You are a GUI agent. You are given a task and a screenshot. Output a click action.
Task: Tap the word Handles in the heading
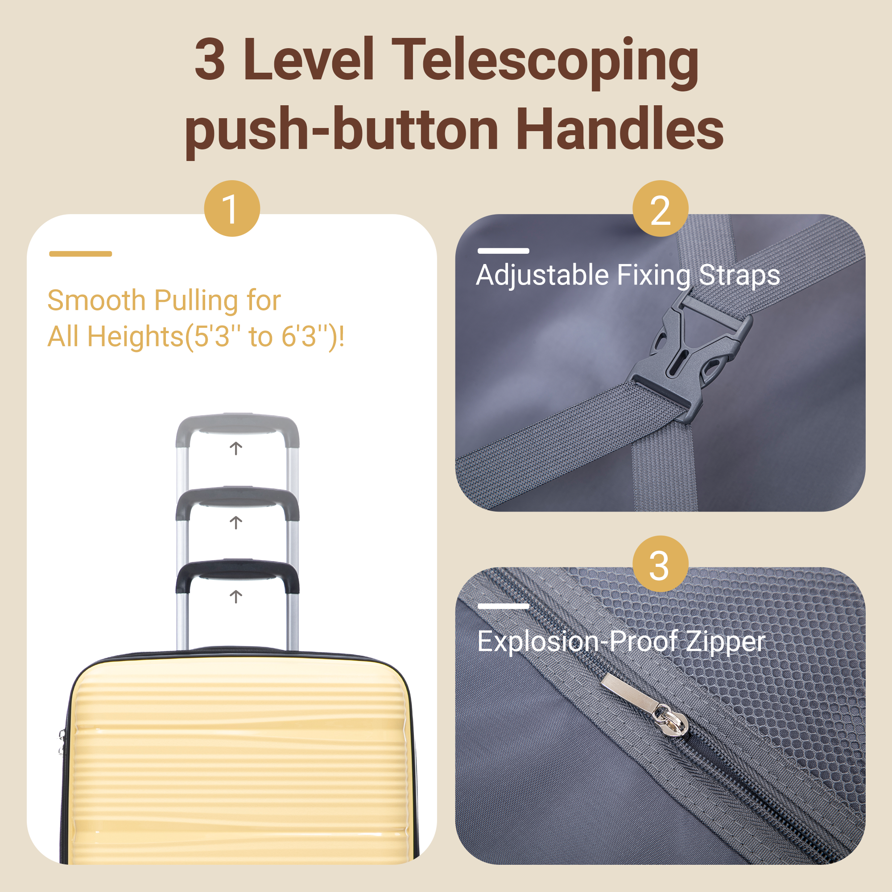[619, 129]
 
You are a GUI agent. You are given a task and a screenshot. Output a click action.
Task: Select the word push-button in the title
[342, 132]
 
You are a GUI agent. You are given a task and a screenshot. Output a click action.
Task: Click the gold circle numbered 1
[232, 209]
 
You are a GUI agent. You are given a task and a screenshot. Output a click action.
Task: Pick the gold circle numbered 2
[660, 209]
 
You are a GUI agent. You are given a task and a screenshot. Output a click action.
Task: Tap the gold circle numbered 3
[660, 564]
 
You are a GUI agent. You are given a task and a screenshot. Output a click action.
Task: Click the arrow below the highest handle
[236, 448]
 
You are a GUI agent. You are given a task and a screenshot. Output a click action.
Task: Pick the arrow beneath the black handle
[236, 596]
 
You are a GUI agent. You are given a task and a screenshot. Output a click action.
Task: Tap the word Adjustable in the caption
[542, 275]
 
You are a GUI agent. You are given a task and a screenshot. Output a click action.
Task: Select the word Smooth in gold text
[96, 301]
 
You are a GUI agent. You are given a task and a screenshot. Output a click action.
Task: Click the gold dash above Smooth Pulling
[81, 253]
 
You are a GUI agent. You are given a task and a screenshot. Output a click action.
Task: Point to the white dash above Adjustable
[503, 251]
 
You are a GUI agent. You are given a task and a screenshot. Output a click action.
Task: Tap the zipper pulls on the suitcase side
[62, 743]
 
